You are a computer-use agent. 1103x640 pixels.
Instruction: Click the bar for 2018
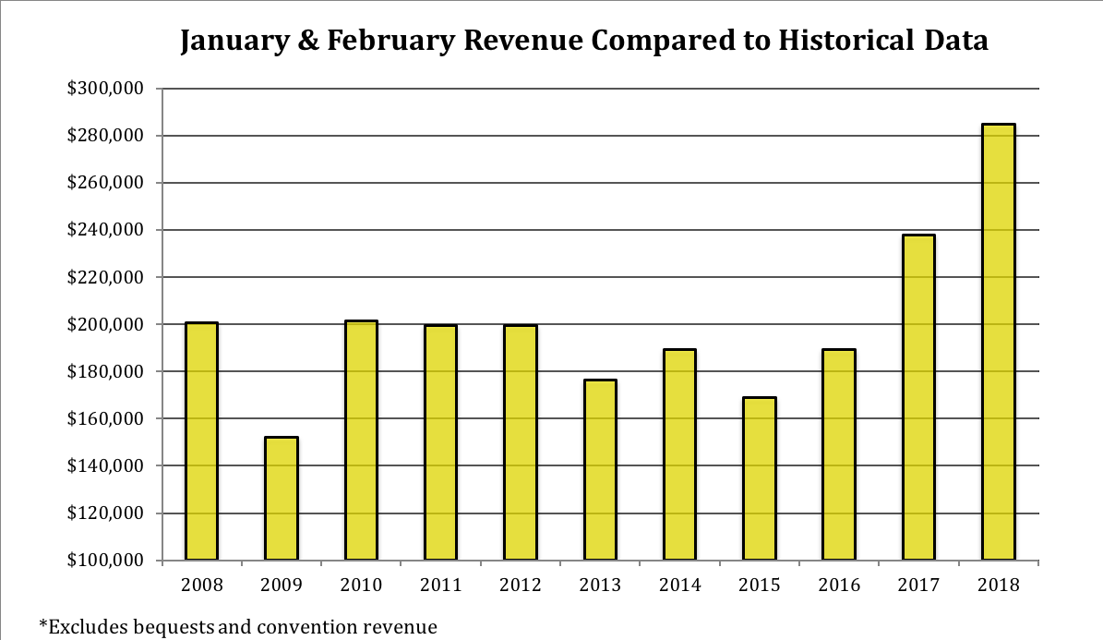coord(998,342)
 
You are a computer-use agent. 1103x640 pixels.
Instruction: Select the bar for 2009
coord(282,498)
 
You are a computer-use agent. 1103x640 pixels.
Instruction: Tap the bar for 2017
coord(918,397)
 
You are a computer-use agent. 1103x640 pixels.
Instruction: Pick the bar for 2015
coord(760,478)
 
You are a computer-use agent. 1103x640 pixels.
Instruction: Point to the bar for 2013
coord(600,469)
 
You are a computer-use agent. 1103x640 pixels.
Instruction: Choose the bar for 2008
coord(202,441)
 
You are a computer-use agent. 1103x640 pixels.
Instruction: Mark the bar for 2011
coord(440,441)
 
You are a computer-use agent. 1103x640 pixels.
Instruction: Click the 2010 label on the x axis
coord(361,585)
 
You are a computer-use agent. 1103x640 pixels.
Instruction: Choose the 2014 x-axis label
coord(679,585)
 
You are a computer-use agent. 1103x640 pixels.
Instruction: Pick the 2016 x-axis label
coord(839,585)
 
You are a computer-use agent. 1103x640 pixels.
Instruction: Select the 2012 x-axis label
coord(521,585)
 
